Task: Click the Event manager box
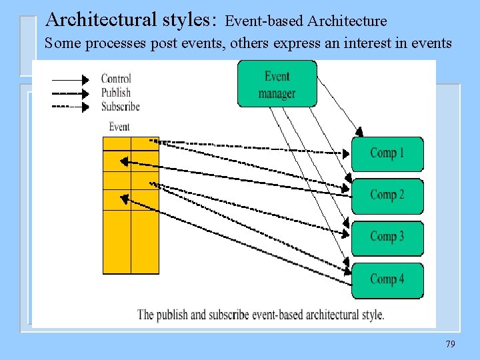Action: pos(276,84)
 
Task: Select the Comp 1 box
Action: pos(387,154)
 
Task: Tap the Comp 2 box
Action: pos(387,195)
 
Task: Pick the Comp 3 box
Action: pos(387,237)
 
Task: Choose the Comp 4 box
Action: pos(387,279)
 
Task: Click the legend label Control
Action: pos(116,79)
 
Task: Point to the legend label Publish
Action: pos(116,93)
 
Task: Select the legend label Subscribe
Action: pos(121,107)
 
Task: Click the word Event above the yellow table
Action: pos(119,127)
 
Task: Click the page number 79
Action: pos(450,344)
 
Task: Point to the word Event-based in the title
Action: pos(265,21)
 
